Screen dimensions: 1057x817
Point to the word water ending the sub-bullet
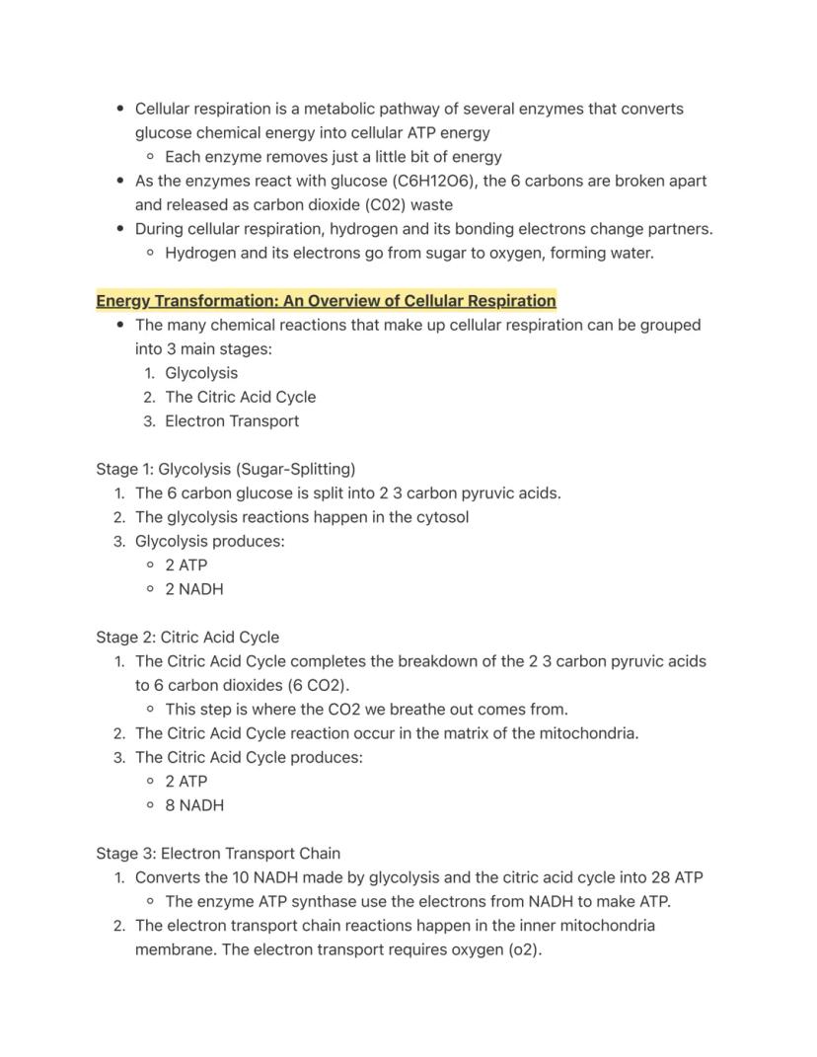[x=628, y=253]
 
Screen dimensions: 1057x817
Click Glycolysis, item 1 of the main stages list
[x=201, y=373]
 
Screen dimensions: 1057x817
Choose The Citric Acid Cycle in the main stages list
[x=241, y=397]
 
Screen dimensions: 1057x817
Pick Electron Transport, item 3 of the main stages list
[x=232, y=420]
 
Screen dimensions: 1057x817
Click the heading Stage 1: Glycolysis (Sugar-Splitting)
[x=226, y=469]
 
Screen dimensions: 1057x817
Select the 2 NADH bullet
[x=194, y=589]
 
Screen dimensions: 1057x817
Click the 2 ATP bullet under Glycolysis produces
[x=186, y=566]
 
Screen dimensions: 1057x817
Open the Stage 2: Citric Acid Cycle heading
[x=187, y=638]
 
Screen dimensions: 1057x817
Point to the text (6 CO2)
[x=318, y=685]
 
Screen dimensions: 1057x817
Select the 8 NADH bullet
[x=194, y=805]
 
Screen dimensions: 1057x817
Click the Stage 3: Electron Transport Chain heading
[x=218, y=854]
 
